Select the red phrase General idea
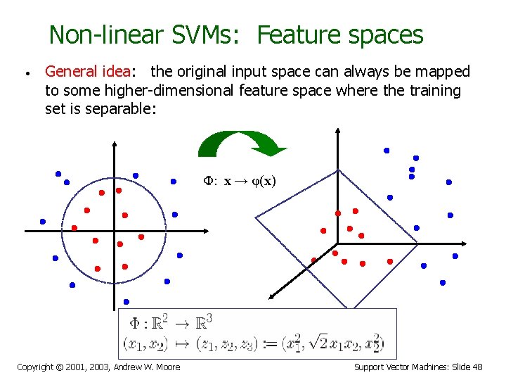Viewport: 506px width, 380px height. pyautogui.click(x=88, y=71)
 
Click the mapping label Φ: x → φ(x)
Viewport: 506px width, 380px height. pyautogui.click(x=240, y=181)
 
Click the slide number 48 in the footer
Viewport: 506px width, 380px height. pyautogui.click(x=477, y=367)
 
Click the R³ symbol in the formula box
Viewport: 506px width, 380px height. pyautogui.click(x=203, y=323)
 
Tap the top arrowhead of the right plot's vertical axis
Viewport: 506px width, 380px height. pyautogui.click(x=339, y=132)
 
